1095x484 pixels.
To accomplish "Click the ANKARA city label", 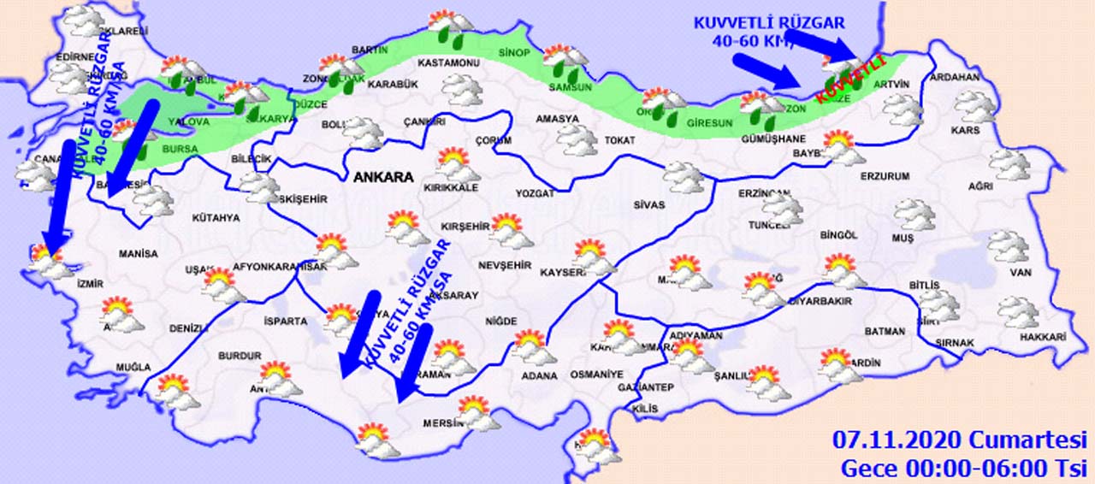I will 383,178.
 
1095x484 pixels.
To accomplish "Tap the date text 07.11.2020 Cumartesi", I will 959,440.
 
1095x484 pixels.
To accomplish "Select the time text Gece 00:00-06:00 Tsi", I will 963,469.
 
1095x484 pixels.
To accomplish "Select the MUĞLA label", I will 133,368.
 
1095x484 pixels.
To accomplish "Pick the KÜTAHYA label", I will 216,218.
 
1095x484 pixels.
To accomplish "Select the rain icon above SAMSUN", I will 565,62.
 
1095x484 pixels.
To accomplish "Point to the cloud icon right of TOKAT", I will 684,177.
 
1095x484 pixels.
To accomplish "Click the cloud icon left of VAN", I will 1009,246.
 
